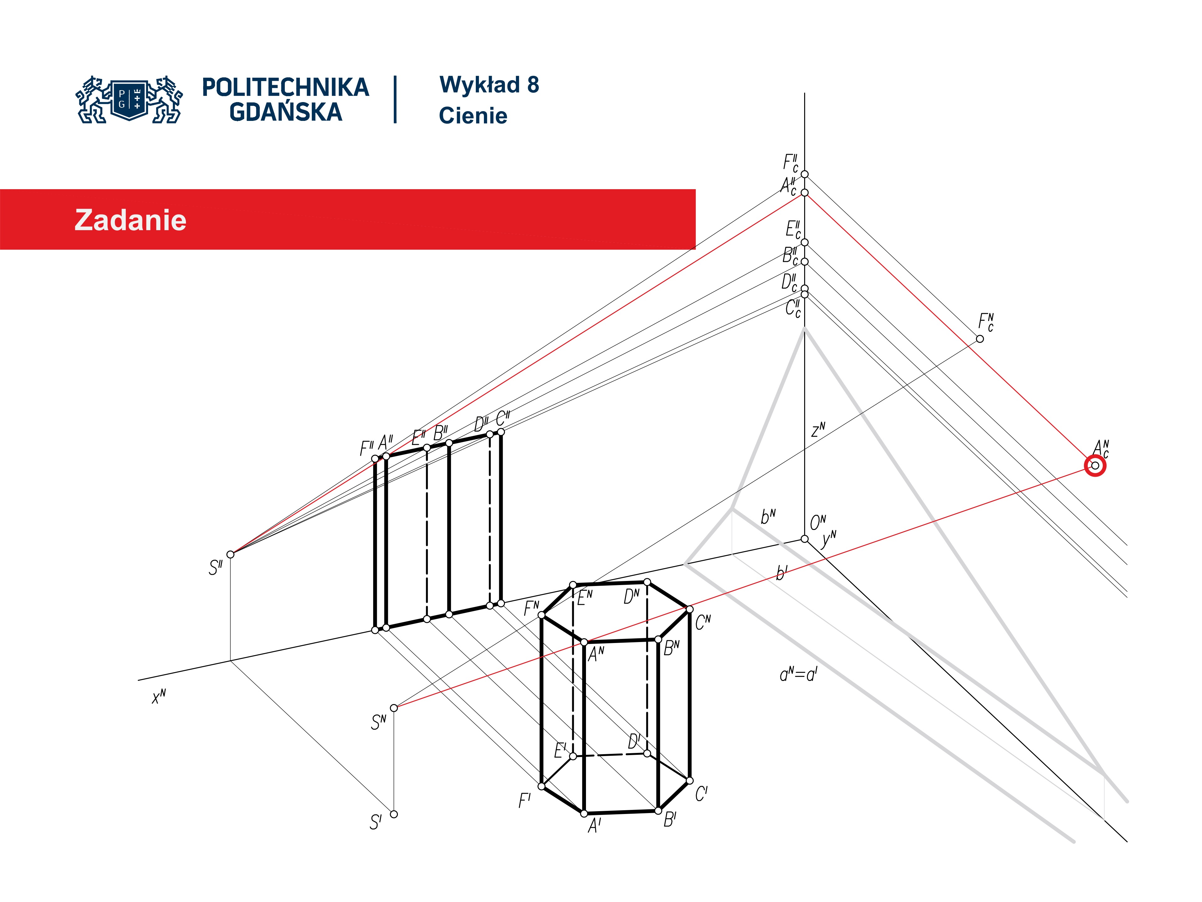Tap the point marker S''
[x=230, y=554]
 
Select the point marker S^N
[x=394, y=708]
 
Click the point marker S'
[x=394, y=814]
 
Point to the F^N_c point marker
[x=980, y=339]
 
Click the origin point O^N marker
[x=804, y=539]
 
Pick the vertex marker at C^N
[x=690, y=609]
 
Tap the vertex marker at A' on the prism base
[x=584, y=813]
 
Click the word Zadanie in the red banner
[x=131, y=220]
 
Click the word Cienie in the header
[x=473, y=116]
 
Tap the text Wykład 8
[x=489, y=85]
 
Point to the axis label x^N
[x=159, y=697]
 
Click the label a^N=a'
[x=798, y=675]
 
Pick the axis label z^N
[x=818, y=430]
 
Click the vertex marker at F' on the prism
[x=541, y=786]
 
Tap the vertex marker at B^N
[x=658, y=640]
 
